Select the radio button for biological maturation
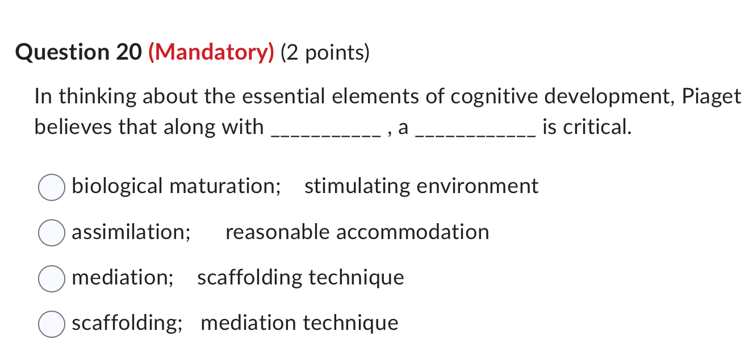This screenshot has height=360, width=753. (51, 187)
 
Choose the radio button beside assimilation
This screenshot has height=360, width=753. (51, 233)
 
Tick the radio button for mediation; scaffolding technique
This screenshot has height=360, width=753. (51, 278)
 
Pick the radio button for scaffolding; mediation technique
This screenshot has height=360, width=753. (51, 324)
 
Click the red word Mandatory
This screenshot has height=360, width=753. (211, 53)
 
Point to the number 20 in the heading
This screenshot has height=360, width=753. (128, 53)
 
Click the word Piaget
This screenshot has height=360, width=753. (712, 97)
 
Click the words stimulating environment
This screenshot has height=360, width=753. (421, 186)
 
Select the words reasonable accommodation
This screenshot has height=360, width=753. (357, 232)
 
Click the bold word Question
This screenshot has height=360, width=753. (63, 53)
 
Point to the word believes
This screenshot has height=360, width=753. (73, 127)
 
